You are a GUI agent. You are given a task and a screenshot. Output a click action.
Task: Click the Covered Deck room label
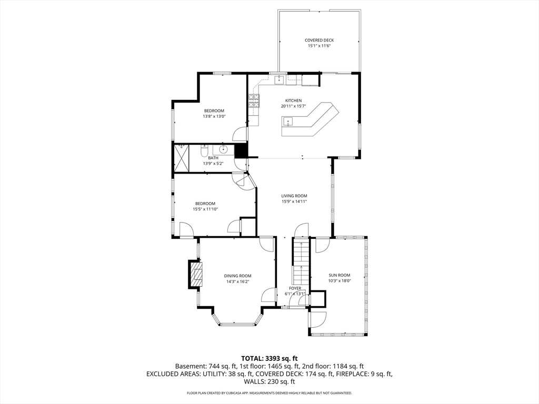point(319,40)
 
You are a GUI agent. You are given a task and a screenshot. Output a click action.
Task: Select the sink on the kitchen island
point(287,122)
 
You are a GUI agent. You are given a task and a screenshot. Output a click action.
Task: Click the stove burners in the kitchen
point(254,100)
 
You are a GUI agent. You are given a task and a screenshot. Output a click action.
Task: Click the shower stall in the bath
point(182,158)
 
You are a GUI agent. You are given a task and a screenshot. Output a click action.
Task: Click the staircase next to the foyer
point(301,260)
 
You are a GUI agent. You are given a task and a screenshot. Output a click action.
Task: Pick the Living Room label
point(294,196)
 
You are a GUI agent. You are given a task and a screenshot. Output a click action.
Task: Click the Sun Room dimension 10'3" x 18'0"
point(340,281)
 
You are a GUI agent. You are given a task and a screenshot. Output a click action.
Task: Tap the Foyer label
point(295,288)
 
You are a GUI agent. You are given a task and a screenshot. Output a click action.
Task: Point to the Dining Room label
point(237,276)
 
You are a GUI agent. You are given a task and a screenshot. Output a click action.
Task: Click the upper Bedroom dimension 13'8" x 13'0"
point(214,116)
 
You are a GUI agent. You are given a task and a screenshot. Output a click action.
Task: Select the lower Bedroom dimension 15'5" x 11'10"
point(205,209)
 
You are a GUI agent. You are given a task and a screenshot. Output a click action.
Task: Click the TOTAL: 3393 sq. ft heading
point(269,359)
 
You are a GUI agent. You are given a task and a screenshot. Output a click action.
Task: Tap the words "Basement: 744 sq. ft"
point(206,367)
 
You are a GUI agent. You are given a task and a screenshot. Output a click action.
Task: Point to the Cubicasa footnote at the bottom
point(269,392)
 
